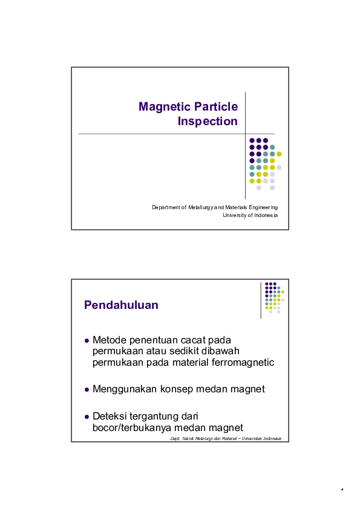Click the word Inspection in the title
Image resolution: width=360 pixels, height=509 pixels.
pyautogui.click(x=208, y=122)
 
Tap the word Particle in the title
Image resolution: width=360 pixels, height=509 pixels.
pyautogui.click(x=216, y=107)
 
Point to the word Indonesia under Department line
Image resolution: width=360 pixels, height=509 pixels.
pyautogui.click(x=265, y=215)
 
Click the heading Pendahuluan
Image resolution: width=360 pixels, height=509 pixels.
pyautogui.click(x=121, y=305)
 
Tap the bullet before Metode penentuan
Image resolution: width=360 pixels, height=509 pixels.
pyautogui.click(x=87, y=340)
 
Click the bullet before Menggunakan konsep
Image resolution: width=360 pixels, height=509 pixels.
pyautogui.click(x=87, y=389)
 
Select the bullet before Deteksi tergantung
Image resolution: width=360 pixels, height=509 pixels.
pyautogui.click(x=87, y=416)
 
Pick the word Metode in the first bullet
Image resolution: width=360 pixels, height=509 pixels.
pyautogui.click(x=110, y=340)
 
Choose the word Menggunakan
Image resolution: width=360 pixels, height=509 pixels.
pyautogui.click(x=125, y=389)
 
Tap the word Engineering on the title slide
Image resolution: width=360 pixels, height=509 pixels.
pyautogui.click(x=259, y=208)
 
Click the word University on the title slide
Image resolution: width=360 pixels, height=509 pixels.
pyautogui.click(x=236, y=215)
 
